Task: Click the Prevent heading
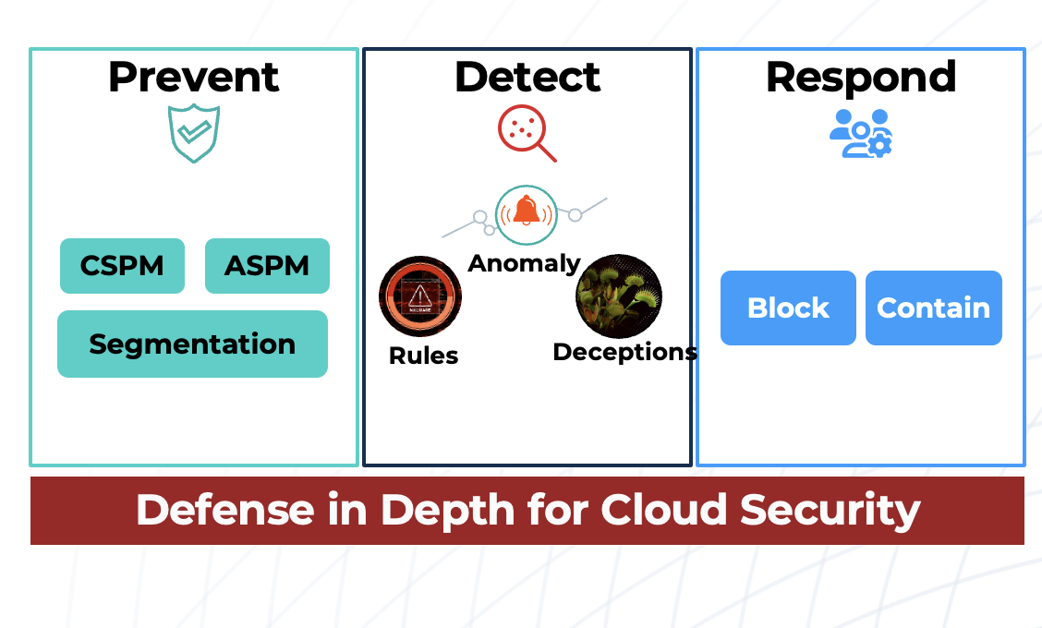pos(193,77)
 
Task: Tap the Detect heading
pos(527,77)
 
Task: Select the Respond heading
pos(861,77)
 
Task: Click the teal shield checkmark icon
pos(194,133)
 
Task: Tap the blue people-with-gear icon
pos(861,134)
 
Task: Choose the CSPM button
pos(122,266)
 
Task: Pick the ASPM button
pos(267,266)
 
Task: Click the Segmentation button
pos(192,344)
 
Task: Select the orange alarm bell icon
pos(526,211)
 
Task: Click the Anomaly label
pos(524,263)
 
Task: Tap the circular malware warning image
pos(420,296)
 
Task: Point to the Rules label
pos(423,356)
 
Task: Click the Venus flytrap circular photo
pos(619,296)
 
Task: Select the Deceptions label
pos(624,352)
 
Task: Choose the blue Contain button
pos(933,308)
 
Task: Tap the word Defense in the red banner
pos(224,510)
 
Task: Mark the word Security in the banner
pos(835,510)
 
